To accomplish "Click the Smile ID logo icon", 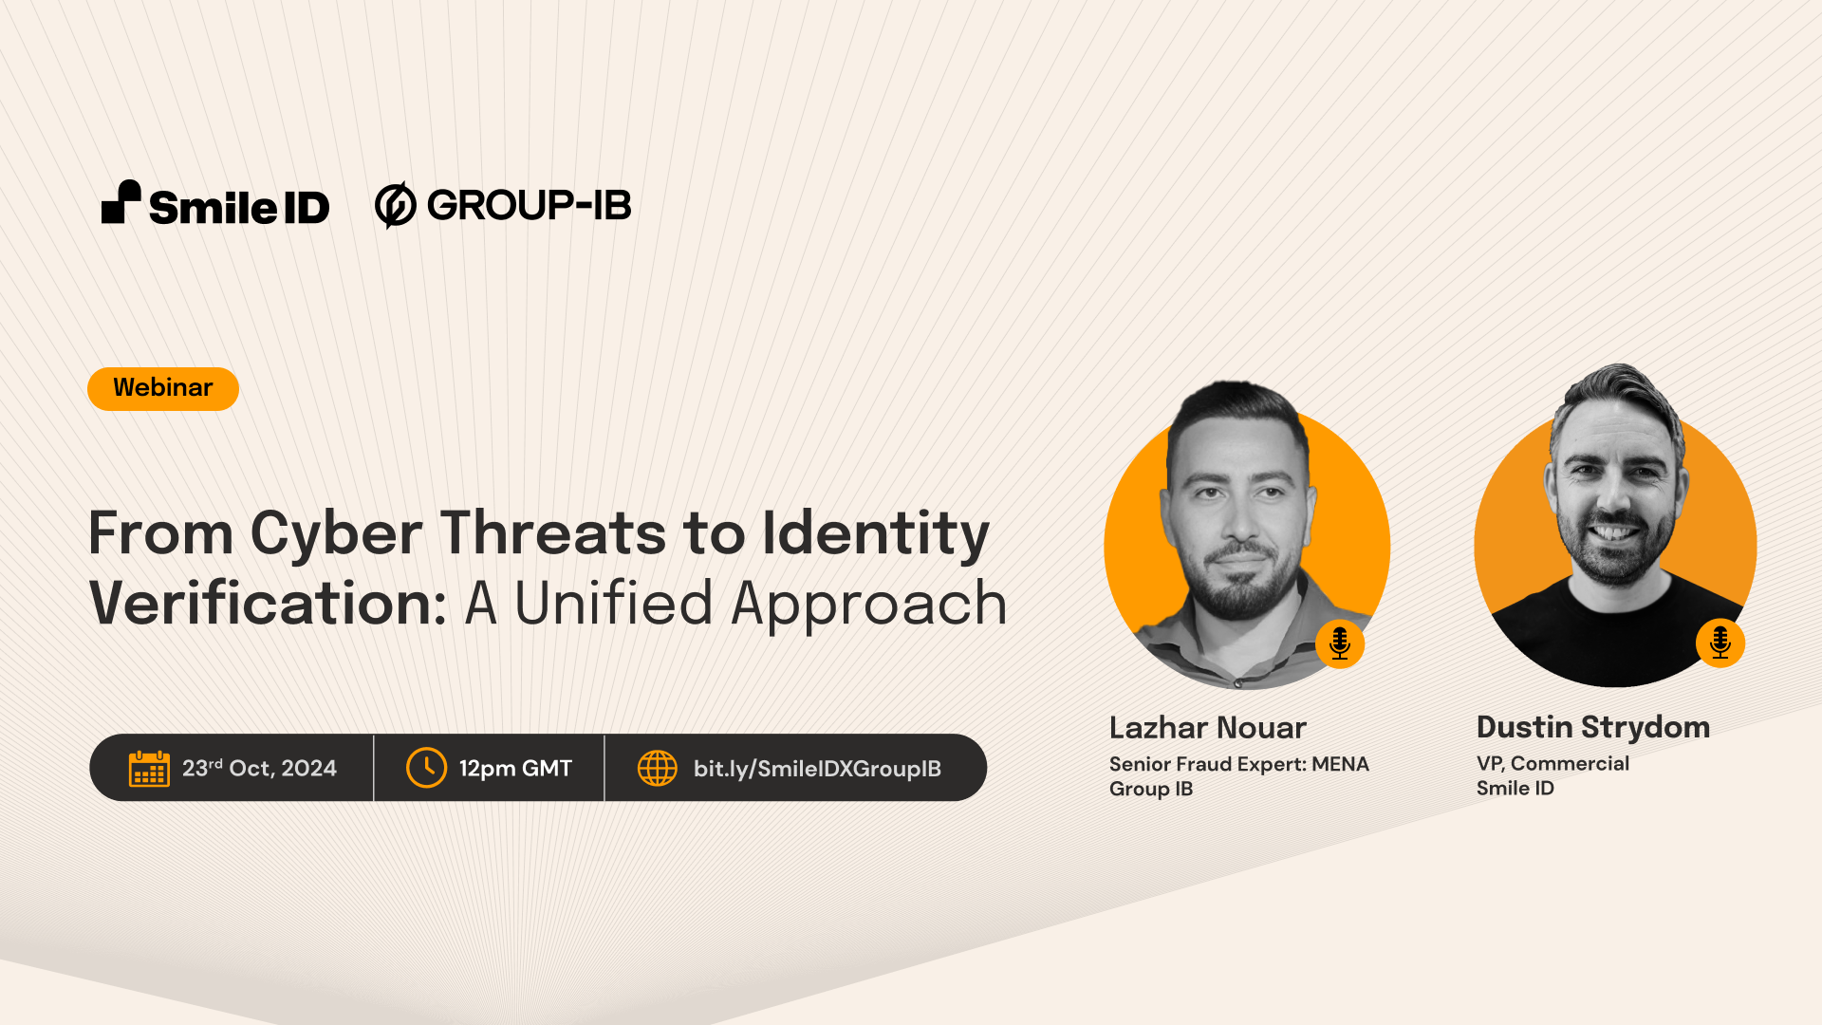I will tap(121, 202).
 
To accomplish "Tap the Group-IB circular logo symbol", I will tap(395, 205).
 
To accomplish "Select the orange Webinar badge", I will tap(163, 388).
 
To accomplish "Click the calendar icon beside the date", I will tap(149, 768).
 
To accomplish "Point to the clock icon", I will tap(426, 768).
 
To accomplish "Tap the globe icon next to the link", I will tap(657, 768).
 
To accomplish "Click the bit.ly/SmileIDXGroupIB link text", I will tap(817, 769).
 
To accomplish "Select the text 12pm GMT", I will tap(515, 769).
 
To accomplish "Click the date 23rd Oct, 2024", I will tap(259, 768).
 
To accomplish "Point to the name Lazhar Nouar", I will tap(1207, 728).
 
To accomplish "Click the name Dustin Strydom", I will tap(1593, 727).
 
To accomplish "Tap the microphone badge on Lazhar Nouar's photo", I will tap(1340, 643).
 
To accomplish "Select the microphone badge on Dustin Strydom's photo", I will tap(1720, 643).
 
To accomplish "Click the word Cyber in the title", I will tap(336, 533).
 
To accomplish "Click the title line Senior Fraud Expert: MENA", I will tap(1238, 764).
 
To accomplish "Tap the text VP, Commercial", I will tap(1552, 763).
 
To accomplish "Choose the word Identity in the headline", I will tap(875, 533).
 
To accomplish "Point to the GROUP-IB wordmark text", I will tap(529, 205).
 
